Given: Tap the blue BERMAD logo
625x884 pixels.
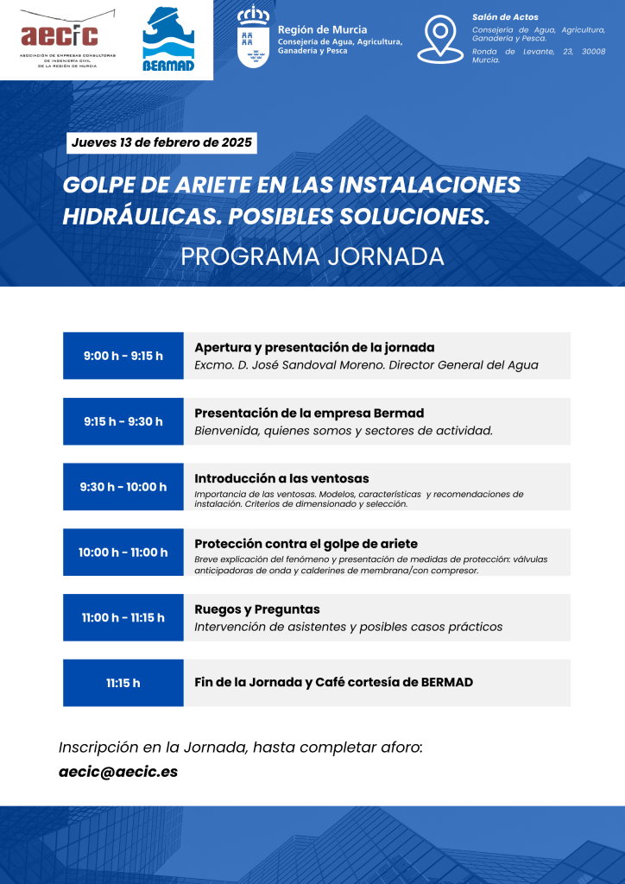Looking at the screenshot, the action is pos(167,39).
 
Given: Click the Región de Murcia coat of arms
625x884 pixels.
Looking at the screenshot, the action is pos(253,36).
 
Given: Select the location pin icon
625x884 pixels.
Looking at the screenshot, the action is pos(440,39).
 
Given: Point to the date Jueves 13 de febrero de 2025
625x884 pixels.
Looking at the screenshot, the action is pos(162,142).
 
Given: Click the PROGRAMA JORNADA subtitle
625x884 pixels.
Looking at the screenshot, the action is pos(312,256).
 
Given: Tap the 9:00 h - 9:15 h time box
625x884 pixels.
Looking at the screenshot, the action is pos(123,356).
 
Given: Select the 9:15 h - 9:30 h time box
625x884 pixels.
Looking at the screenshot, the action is pos(123,421).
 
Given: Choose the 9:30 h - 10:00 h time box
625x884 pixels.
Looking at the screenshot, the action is pos(123,487).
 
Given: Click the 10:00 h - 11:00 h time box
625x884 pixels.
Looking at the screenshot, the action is pos(123,552).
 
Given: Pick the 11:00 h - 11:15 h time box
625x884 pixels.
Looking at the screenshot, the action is pos(123,617).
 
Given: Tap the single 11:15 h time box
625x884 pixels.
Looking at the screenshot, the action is pos(123,683).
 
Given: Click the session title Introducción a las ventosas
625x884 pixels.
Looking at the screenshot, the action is pos(281,478).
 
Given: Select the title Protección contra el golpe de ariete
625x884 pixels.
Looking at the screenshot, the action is pos(306,544).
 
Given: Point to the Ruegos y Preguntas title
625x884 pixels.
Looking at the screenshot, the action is pos(256,609).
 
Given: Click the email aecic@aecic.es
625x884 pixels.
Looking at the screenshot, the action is pos(118,772).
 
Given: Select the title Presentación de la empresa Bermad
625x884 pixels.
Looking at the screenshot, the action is pos(309,413).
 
